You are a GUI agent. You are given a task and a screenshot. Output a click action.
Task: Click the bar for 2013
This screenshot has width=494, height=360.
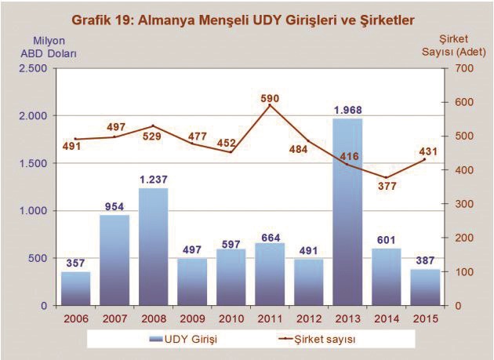coord(348,212)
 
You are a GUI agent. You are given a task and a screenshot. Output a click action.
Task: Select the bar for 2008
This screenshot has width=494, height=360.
coord(154,246)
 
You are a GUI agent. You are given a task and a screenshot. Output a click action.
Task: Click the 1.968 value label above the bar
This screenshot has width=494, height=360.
coord(348,109)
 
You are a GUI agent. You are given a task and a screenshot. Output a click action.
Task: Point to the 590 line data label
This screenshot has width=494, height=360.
coord(270,98)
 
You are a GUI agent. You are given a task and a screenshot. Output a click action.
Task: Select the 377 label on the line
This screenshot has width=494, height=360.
coord(387,187)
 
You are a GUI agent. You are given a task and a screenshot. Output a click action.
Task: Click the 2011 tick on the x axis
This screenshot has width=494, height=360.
coord(270,318)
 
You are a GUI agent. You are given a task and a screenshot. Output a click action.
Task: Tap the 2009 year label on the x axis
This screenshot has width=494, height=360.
coord(192,318)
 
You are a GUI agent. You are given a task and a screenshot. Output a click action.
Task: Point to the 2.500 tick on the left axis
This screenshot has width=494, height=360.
coord(32,68)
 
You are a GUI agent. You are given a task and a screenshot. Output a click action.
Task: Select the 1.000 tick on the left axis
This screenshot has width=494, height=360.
coord(32,210)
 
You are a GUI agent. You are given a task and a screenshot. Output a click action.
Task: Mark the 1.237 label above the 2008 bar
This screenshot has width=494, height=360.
coord(154,179)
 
